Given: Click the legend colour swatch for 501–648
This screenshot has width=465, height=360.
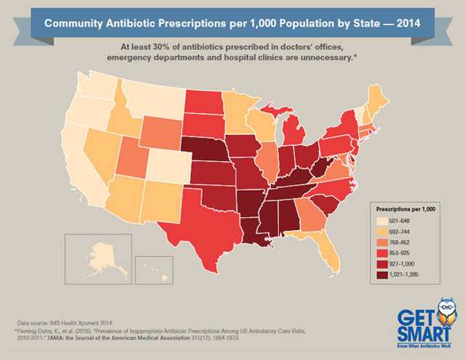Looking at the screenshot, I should pyautogui.click(x=380, y=221).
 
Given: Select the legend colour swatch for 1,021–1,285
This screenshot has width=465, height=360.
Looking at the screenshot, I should pyautogui.click(x=380, y=276).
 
